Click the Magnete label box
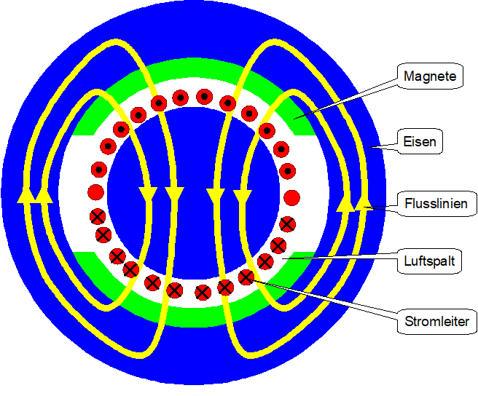430,76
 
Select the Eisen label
420,141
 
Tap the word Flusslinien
431,203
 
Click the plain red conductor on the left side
95,193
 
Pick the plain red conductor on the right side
291,197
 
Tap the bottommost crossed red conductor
203,293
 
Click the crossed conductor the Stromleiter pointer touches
246,277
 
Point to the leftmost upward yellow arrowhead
24,194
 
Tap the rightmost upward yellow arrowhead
364,204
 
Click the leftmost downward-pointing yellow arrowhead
148,194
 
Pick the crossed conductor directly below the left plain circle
98,217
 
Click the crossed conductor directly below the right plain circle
288,223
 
